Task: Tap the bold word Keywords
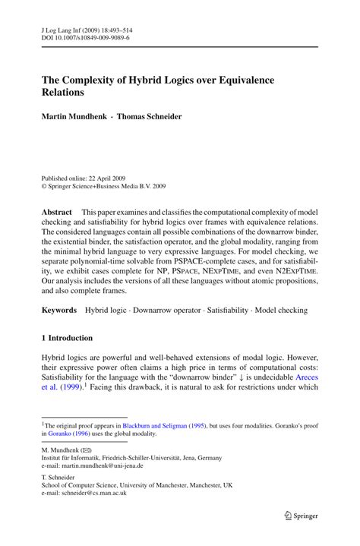[x=59, y=310]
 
